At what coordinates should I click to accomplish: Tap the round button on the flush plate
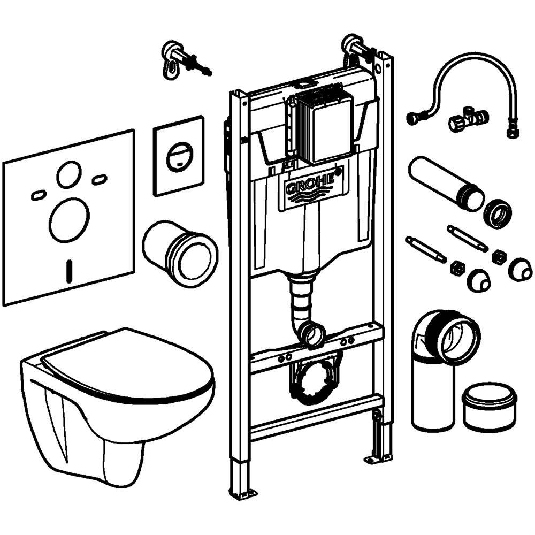(x=178, y=156)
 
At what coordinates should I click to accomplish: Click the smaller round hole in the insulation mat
(x=70, y=174)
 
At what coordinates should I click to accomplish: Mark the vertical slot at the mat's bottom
(x=68, y=271)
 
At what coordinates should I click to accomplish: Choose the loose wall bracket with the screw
(x=179, y=59)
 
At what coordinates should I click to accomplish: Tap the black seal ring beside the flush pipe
(x=498, y=213)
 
